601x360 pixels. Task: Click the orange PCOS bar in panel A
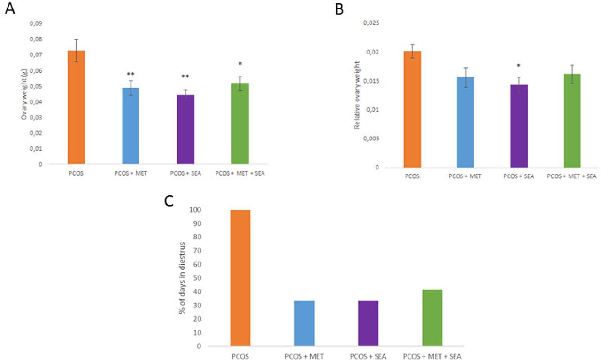[76, 107]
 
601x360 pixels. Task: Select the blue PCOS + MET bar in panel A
[131, 126]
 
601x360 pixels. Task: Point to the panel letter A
[9, 8]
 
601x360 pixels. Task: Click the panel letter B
[339, 8]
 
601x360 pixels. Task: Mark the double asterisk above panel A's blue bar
[131, 74]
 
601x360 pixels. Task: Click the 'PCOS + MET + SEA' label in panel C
[432, 356]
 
